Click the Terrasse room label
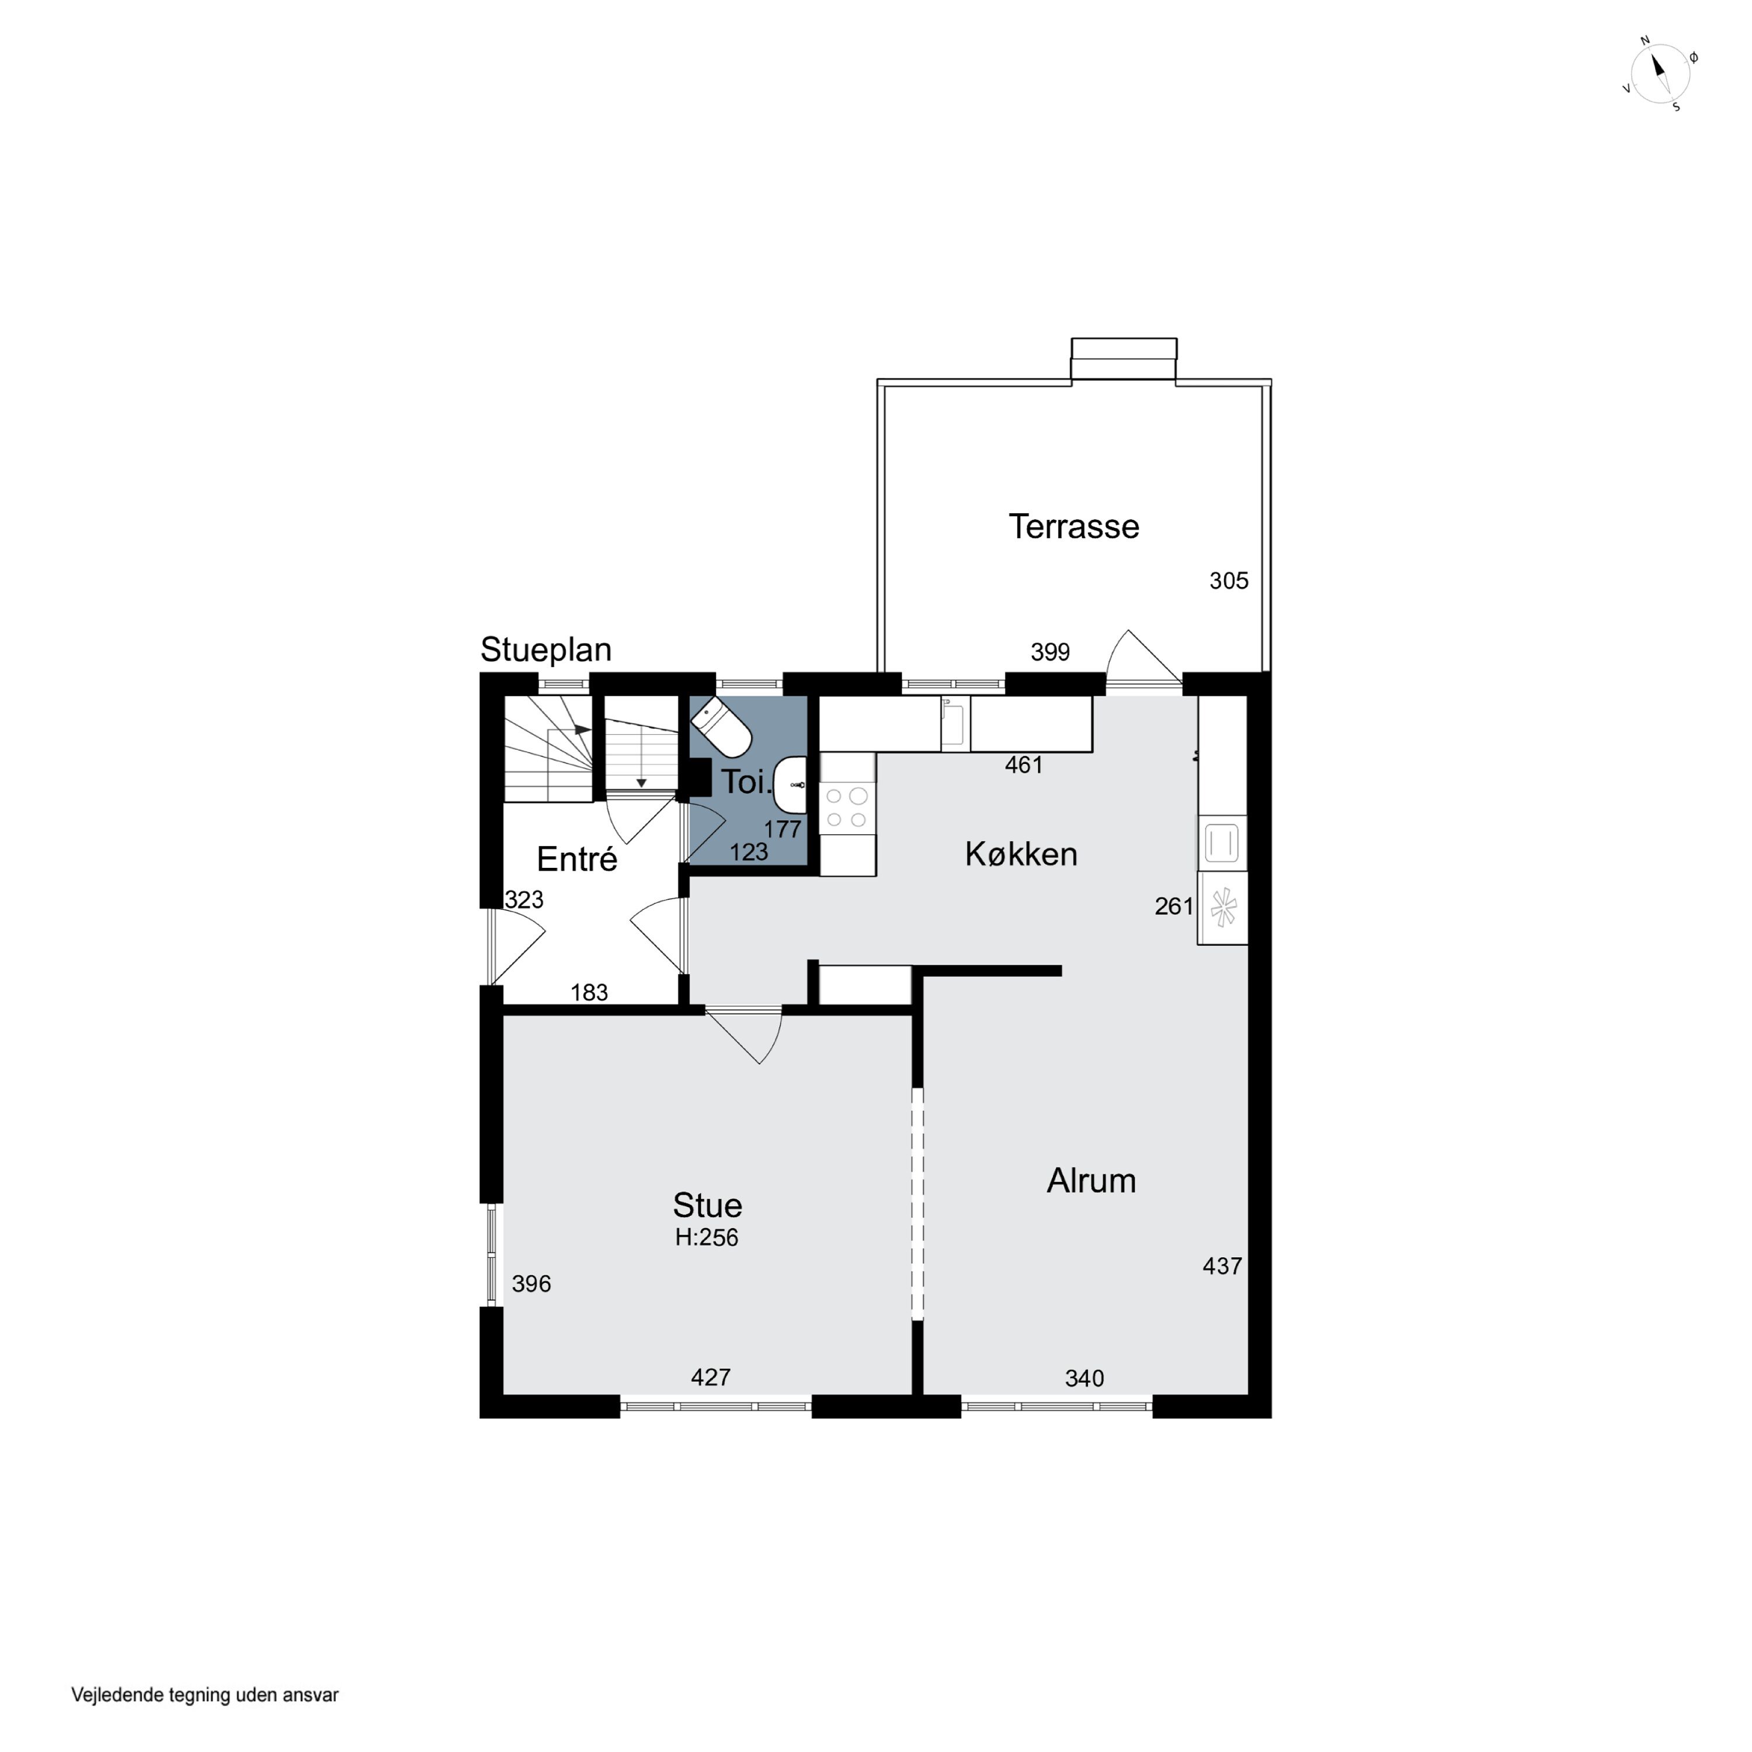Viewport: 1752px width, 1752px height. tap(1074, 527)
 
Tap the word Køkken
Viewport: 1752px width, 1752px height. tap(1021, 854)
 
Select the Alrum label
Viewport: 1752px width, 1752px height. tap(1091, 1181)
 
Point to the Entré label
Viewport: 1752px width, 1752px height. tap(577, 858)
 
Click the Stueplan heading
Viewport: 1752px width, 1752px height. tap(546, 649)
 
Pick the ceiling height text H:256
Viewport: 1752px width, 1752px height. tap(707, 1237)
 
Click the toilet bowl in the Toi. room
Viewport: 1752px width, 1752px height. tap(721, 727)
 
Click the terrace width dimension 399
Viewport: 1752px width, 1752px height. tap(1050, 652)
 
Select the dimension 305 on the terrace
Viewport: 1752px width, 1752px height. tap(1229, 580)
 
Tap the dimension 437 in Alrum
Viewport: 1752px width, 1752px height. tap(1222, 1266)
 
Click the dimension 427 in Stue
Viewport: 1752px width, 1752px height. tap(711, 1378)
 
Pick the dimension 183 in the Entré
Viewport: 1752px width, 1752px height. tap(589, 993)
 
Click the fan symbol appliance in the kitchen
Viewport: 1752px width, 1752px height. tap(1222, 908)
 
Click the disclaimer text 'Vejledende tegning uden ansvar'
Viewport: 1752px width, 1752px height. tap(205, 1695)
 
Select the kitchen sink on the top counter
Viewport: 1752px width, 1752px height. tap(955, 724)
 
